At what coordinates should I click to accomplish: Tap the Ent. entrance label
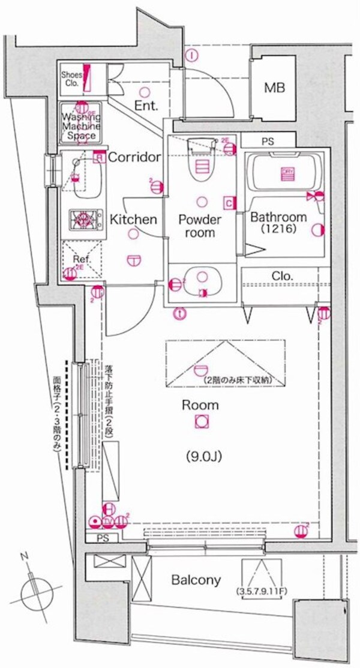click(x=146, y=106)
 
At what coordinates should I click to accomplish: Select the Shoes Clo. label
click(x=72, y=79)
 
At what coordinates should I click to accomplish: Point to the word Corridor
click(x=134, y=157)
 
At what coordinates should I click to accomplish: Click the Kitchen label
click(x=133, y=220)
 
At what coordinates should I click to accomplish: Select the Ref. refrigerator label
click(x=81, y=260)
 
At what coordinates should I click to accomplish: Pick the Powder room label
click(x=200, y=226)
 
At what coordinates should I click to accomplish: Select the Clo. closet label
click(x=282, y=276)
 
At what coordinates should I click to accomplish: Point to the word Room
click(x=200, y=405)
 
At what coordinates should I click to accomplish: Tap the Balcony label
click(x=196, y=580)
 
